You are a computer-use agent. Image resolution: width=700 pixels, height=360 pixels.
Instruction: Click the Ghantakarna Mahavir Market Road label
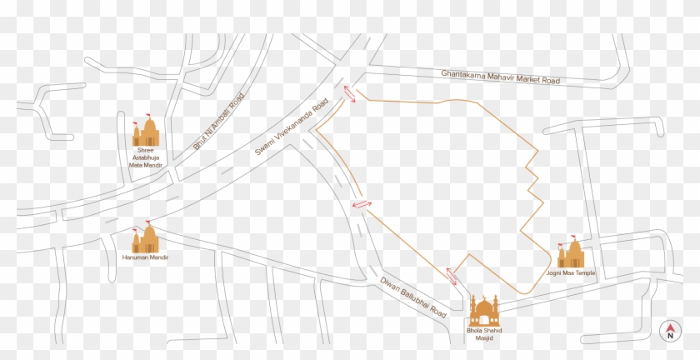pos(500,77)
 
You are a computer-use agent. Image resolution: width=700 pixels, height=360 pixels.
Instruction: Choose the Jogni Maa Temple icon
pos(572,252)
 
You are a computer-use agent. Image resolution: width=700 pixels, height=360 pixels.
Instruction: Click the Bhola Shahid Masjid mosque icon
pos(484,310)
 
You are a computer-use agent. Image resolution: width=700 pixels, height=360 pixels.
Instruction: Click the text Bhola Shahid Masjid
pos(484,337)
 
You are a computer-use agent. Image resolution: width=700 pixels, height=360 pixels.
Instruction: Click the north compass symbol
pos(669,332)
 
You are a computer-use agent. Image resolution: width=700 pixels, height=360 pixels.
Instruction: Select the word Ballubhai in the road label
pos(415,297)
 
